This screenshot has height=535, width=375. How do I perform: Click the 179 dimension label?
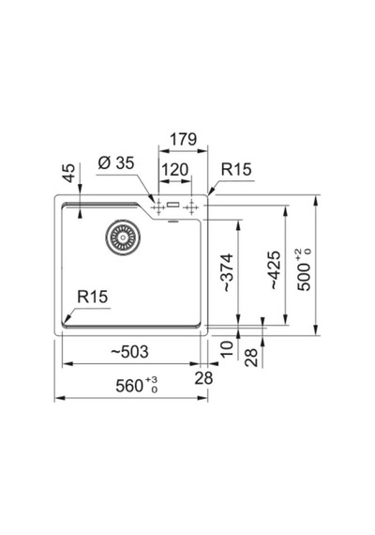point(184,139)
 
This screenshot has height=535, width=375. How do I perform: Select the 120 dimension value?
point(174,170)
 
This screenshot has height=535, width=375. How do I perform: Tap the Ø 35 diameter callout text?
point(116,162)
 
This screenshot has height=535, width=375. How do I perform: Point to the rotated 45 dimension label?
point(69,173)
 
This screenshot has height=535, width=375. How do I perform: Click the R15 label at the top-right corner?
point(236,169)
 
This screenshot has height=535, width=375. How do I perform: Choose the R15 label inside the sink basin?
point(93,297)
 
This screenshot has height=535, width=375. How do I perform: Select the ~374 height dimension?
point(228,272)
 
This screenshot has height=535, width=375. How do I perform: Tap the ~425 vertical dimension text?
point(275,270)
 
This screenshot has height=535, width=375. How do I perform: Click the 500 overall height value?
point(304,276)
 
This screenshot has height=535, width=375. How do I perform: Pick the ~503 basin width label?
point(130,352)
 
